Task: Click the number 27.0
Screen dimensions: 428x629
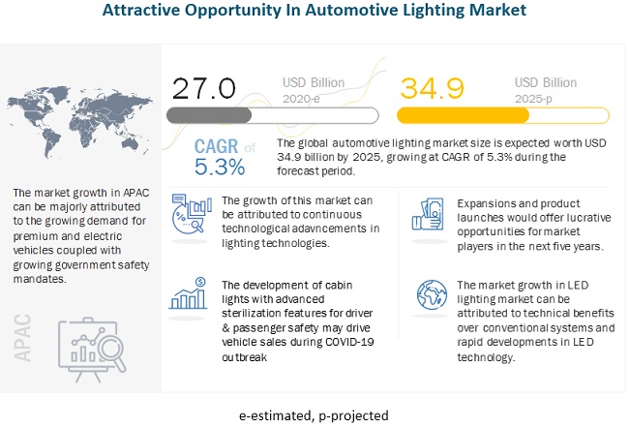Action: tap(203, 88)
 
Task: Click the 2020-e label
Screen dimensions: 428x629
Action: tap(302, 98)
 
